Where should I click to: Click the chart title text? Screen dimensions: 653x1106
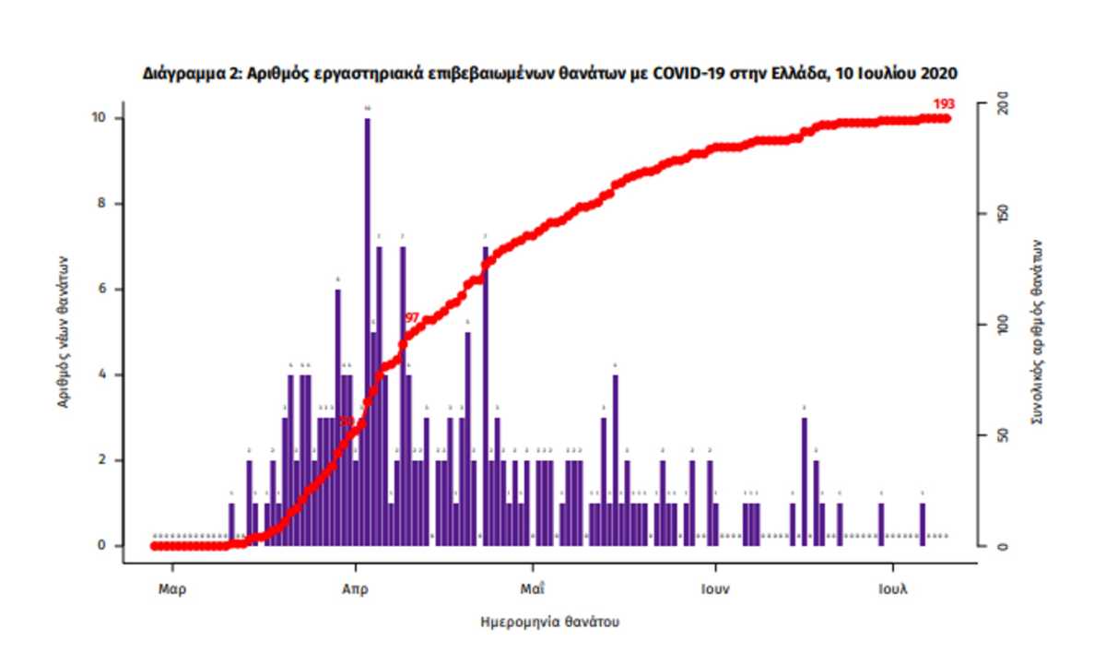[549, 72]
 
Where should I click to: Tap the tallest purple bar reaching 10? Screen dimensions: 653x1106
[367, 332]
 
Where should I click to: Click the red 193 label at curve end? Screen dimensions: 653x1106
[943, 103]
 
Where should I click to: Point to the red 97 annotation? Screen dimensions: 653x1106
[412, 317]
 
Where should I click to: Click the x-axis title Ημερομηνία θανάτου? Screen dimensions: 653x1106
[550, 622]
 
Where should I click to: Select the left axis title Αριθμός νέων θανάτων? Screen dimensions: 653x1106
[64, 332]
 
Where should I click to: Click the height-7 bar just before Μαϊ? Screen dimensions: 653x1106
[486, 397]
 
